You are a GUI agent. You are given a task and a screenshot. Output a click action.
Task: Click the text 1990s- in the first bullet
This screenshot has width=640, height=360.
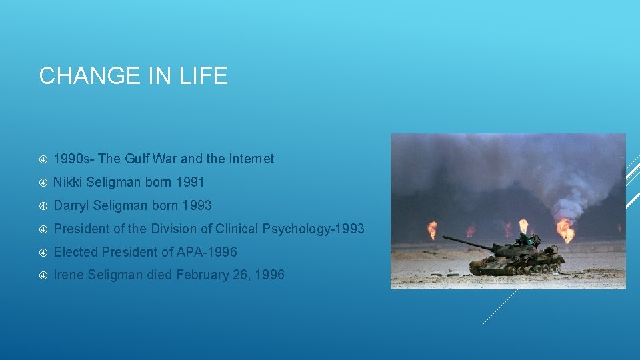(73, 159)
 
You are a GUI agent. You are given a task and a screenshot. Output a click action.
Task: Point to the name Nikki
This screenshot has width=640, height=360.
(68, 182)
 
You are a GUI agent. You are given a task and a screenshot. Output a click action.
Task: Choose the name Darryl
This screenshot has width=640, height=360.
(72, 205)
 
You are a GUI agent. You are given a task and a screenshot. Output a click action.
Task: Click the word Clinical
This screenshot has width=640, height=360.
(237, 229)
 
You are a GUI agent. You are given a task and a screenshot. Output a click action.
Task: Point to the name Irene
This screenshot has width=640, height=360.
(69, 275)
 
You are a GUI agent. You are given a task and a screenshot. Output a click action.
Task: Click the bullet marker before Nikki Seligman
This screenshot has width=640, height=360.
(43, 182)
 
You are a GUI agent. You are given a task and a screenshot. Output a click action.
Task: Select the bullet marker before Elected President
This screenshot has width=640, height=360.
(43, 252)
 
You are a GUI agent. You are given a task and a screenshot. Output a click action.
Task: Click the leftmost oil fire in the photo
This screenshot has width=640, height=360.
(433, 230)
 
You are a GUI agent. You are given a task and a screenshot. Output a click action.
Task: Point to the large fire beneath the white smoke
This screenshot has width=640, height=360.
(565, 230)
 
